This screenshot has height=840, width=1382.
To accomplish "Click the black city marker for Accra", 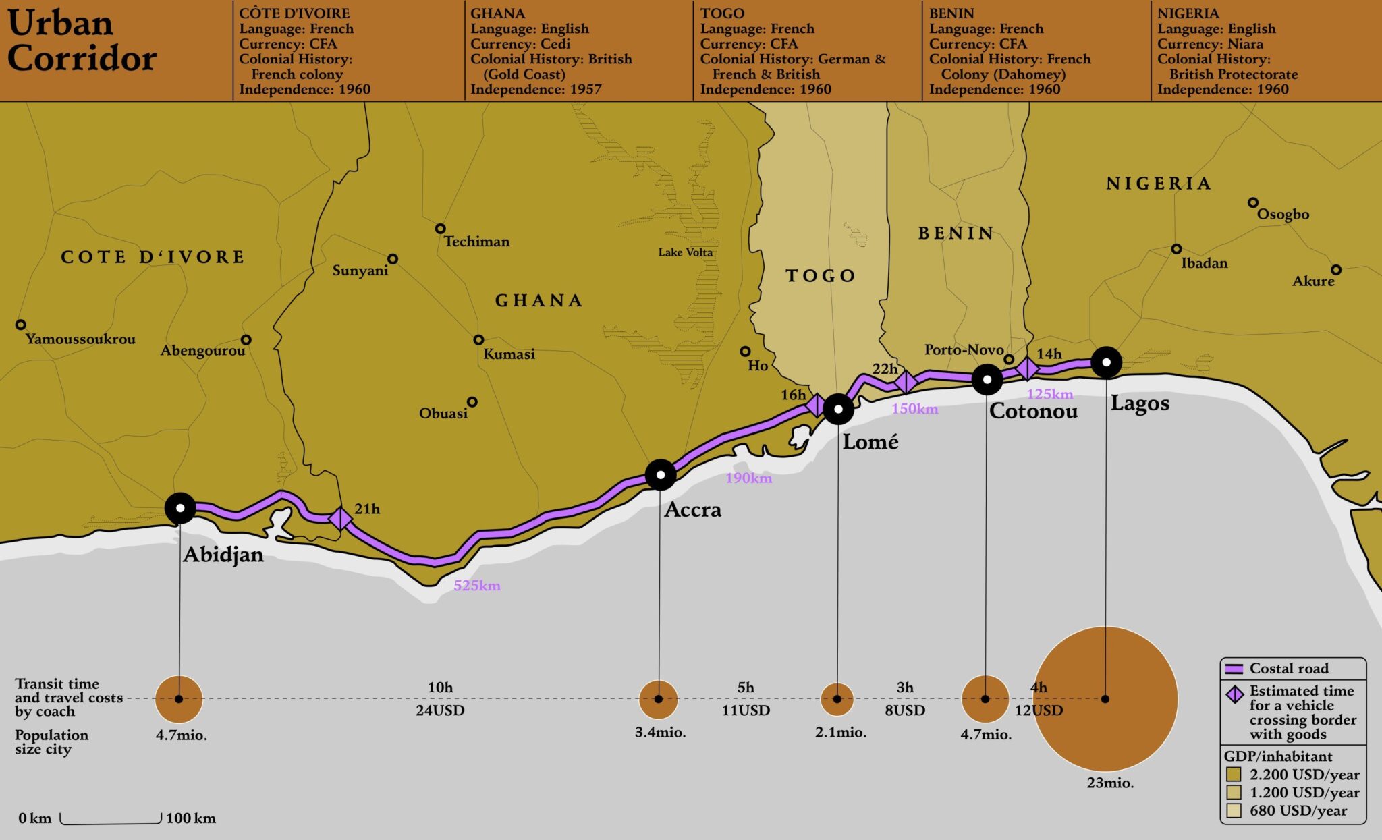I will [660, 475].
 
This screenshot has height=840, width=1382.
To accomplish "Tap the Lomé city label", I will [870, 442].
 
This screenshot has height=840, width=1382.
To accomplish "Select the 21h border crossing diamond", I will [340, 518].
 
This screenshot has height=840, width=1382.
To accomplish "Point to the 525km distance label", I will [476, 586].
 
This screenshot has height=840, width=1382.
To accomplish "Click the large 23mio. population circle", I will [1105, 699].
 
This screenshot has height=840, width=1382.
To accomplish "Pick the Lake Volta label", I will [685, 252].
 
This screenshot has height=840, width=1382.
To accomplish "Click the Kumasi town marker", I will [478, 340].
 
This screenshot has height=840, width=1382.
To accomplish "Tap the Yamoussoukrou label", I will [80, 339].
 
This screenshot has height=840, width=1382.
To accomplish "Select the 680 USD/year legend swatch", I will [1234, 810].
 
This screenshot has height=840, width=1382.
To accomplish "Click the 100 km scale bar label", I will [191, 818].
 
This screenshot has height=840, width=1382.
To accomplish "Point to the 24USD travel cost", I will [440, 710].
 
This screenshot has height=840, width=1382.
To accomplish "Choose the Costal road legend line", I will [1234, 669].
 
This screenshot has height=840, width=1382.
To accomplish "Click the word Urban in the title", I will [60, 24].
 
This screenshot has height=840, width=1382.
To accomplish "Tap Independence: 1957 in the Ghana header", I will [536, 89].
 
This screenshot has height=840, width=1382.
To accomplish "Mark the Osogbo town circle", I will [1252, 202].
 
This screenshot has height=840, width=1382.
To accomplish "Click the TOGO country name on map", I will [821, 275].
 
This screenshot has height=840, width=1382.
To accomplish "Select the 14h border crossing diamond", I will [1027, 368].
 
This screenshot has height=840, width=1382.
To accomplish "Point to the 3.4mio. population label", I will [660, 733].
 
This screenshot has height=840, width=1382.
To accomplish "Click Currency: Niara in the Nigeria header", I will [1210, 44].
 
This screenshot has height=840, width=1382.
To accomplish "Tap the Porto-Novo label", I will [964, 349].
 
